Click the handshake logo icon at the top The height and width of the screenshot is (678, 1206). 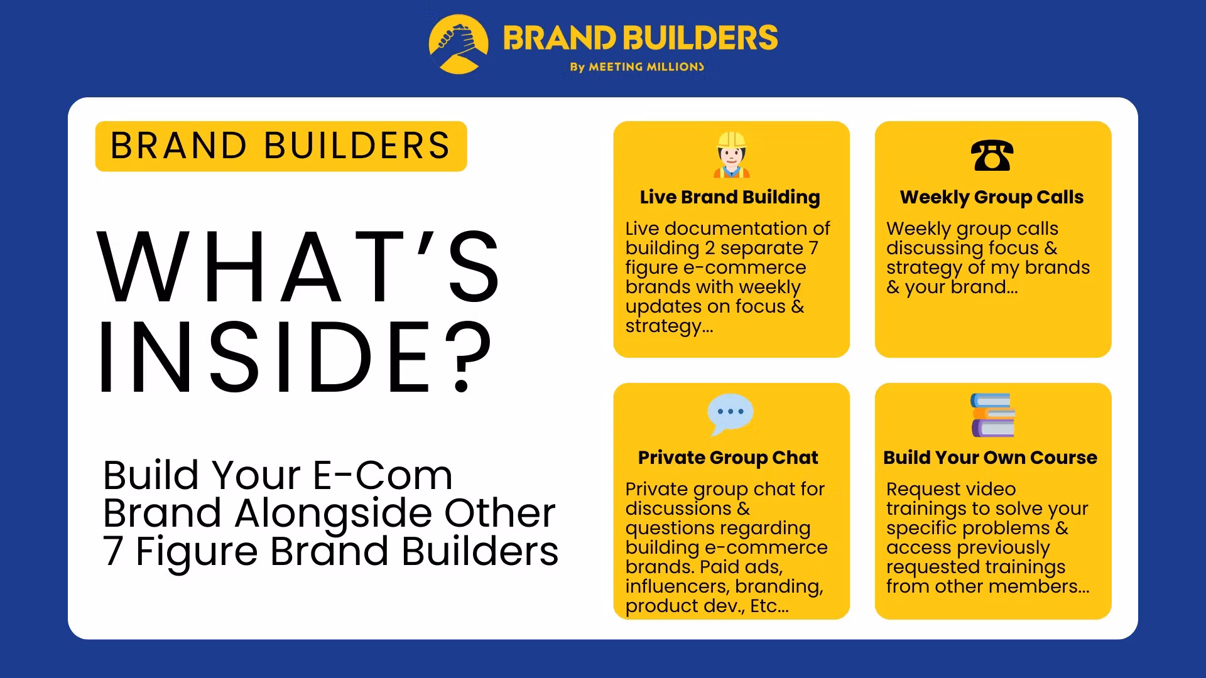point(459,44)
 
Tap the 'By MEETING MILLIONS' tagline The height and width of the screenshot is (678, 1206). point(637,67)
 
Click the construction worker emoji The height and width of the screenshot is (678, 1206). point(731,154)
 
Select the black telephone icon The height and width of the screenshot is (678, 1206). point(992,155)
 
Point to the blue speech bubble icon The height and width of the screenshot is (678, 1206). point(730,414)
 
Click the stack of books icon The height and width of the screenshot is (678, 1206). point(992,415)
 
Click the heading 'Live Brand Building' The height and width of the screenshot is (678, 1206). point(730,197)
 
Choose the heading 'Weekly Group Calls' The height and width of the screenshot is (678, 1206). point(992,197)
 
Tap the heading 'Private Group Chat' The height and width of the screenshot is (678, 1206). point(728,458)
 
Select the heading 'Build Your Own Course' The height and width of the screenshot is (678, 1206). point(990,458)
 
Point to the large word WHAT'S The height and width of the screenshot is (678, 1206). point(298,267)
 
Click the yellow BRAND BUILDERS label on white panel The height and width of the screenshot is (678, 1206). point(281,146)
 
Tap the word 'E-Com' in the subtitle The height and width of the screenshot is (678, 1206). point(383,475)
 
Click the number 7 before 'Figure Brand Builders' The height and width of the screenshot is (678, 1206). point(113,552)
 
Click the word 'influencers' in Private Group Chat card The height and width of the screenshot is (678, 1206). point(676,586)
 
